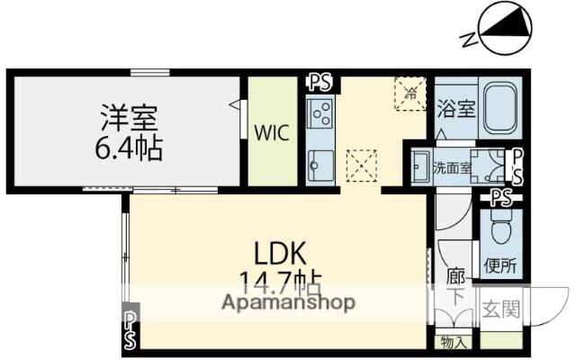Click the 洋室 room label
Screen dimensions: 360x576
[x=128, y=118]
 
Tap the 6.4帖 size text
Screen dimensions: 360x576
[x=128, y=147]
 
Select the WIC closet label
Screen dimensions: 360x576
[x=270, y=133]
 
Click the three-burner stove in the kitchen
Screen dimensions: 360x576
[x=320, y=115]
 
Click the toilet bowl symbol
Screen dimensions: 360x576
[x=501, y=222]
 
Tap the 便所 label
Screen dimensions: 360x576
[x=500, y=265]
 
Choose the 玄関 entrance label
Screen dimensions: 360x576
[x=501, y=310]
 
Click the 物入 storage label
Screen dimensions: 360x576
[x=454, y=341]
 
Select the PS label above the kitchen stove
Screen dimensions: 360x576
[x=319, y=83]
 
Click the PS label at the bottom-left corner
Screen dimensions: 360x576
[x=131, y=328]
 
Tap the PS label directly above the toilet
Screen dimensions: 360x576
[x=501, y=197]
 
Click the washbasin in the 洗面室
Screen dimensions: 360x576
[x=420, y=168]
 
